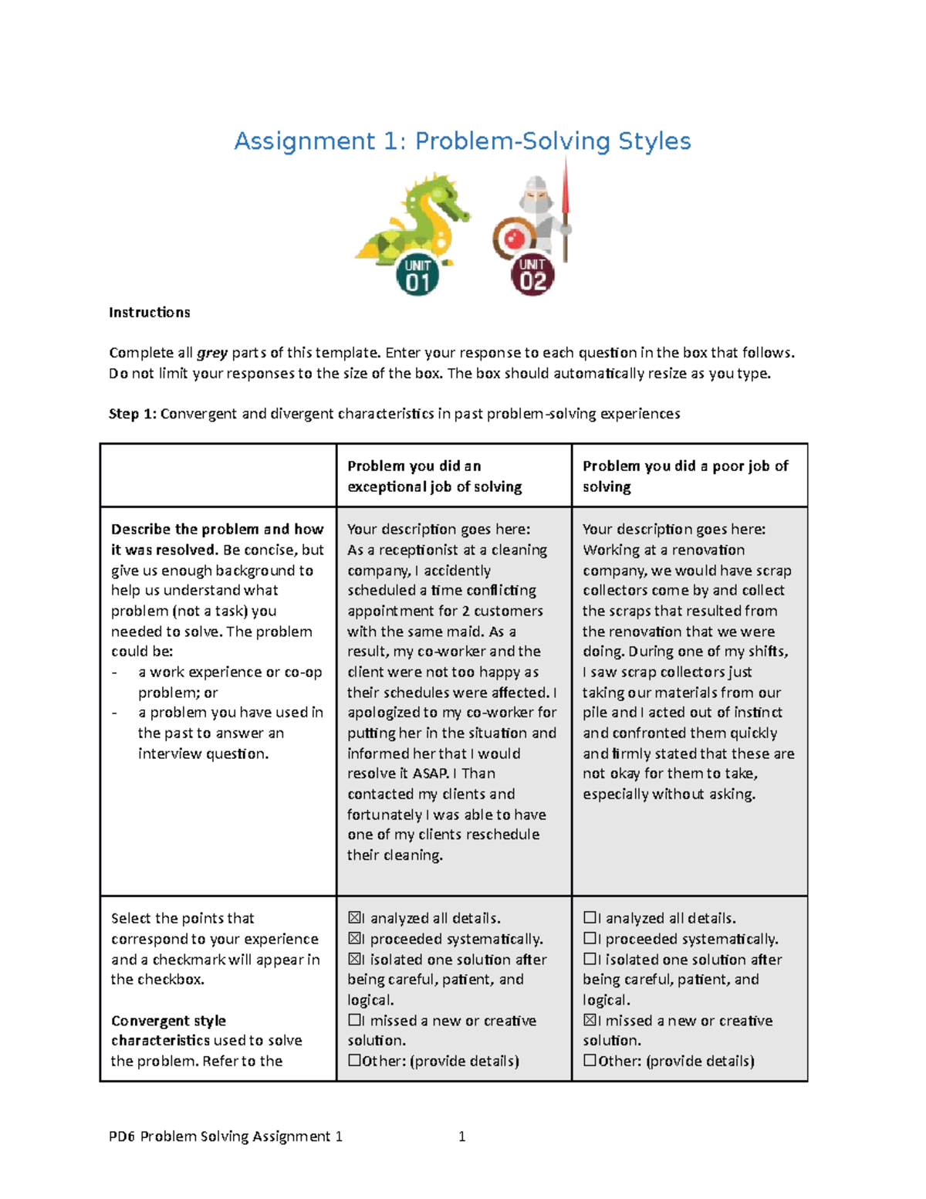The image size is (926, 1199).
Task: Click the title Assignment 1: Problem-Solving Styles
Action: coord(462,141)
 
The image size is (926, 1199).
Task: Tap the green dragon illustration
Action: coord(413,220)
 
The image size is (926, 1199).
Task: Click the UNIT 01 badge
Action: coord(417,276)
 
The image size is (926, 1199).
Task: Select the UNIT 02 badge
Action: coord(532,275)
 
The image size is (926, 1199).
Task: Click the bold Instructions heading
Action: coord(150,313)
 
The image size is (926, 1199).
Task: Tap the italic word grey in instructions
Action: coord(212,353)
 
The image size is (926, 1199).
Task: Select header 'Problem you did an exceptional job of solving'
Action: coord(434,476)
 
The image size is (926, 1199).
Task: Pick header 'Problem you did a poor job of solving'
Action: coord(685,476)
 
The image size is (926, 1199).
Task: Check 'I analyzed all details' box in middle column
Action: coord(354,918)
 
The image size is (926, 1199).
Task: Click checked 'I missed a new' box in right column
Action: coord(590,1021)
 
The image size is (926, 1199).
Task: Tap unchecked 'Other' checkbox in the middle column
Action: coord(354,1061)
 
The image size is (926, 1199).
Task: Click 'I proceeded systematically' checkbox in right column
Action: coord(590,939)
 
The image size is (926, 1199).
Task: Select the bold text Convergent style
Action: coord(168,1021)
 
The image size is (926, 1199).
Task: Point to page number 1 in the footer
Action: coord(461,1136)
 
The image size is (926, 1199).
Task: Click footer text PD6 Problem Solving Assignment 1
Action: coord(225,1136)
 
